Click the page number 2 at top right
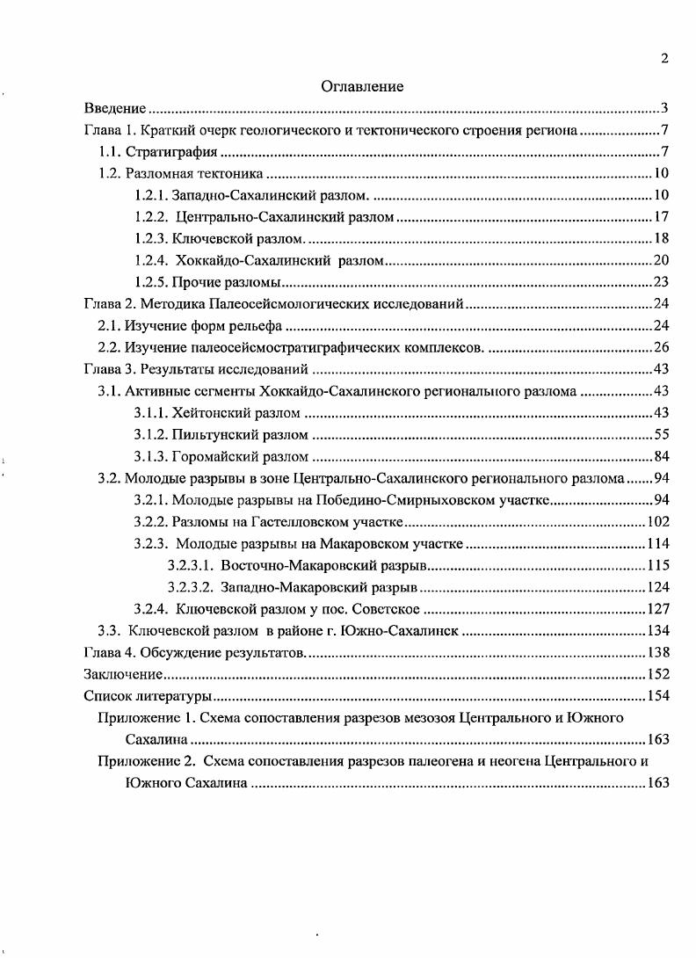click(665, 59)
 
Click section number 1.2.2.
click(152, 216)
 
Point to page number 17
click(663, 216)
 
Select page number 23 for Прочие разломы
click(663, 282)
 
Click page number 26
click(663, 347)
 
